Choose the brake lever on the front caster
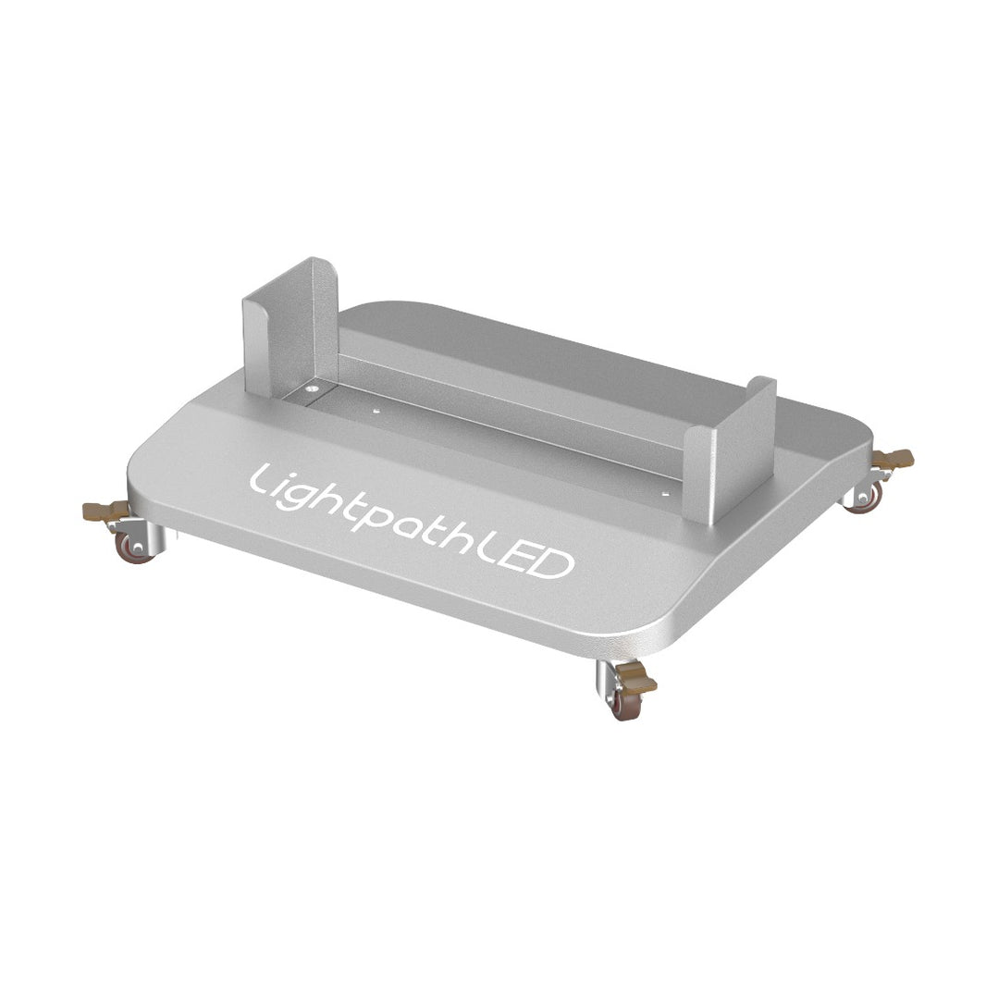(x=637, y=682)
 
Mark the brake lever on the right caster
(x=894, y=458)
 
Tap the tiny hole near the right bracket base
(x=663, y=495)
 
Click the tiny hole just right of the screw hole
(x=375, y=408)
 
